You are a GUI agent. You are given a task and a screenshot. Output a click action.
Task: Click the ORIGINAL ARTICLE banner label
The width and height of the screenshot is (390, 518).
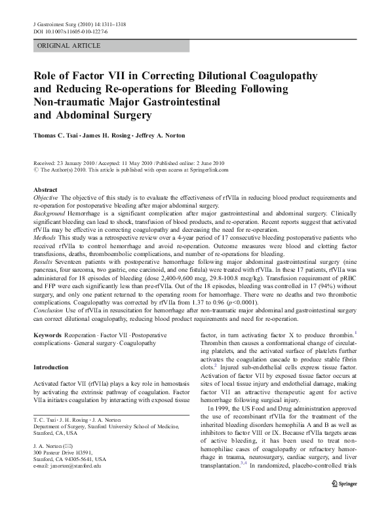[69, 45]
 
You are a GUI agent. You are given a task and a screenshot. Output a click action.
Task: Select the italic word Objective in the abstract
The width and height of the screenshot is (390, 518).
[45, 196]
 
